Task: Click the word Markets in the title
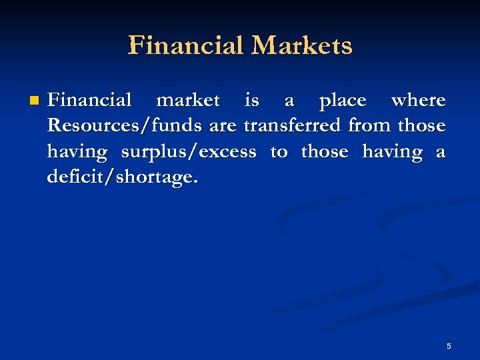click(x=301, y=46)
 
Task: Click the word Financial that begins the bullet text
click(x=89, y=101)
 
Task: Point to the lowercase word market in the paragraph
click(x=187, y=101)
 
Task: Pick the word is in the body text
click(x=252, y=101)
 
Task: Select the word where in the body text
click(x=419, y=101)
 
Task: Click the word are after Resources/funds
click(x=223, y=127)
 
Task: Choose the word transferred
click(x=293, y=127)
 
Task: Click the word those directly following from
click(x=421, y=127)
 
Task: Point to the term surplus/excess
click(x=188, y=153)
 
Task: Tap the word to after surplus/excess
click(x=279, y=153)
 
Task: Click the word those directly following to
click(x=325, y=152)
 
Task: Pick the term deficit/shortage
click(x=123, y=179)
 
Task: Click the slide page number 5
click(x=449, y=346)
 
